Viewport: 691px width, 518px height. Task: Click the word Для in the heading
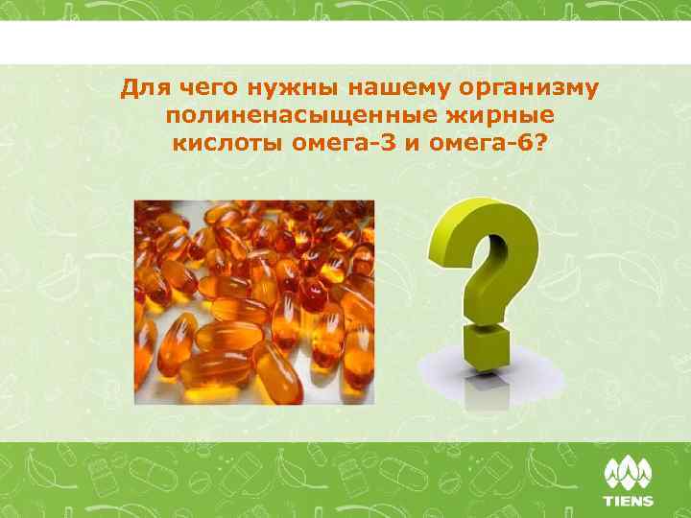pyautogui.click(x=143, y=89)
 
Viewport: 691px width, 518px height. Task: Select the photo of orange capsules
pyautogui.click(x=253, y=301)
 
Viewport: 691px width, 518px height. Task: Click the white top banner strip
pyautogui.click(x=345, y=42)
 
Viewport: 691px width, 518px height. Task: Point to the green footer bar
pyautogui.click(x=288, y=480)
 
